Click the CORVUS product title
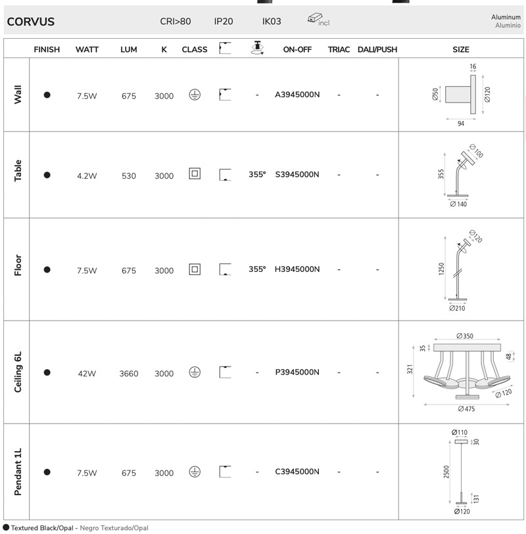[x=31, y=22]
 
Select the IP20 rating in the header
[x=224, y=22]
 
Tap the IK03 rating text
[x=272, y=22]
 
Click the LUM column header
[x=128, y=50]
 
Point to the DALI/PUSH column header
[x=377, y=50]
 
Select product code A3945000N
[x=297, y=95]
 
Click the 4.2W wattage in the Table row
[x=87, y=176]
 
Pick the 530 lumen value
[x=128, y=176]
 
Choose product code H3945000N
[x=297, y=269]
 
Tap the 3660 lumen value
[x=128, y=374]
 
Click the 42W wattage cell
[x=87, y=374]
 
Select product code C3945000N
[x=297, y=472]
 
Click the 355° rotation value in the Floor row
[x=257, y=269]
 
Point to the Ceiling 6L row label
[x=18, y=372]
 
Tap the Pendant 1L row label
[x=18, y=472]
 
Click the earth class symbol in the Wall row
[x=195, y=95]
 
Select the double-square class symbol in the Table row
[x=195, y=173]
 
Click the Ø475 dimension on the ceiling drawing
[x=466, y=409]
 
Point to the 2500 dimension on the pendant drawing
[x=446, y=472]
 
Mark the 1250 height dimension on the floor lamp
[x=441, y=269]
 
